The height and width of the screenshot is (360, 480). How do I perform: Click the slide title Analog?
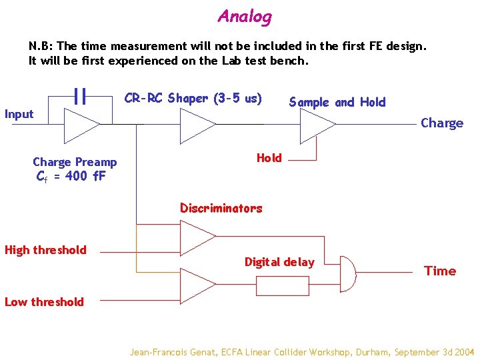pyautogui.click(x=245, y=17)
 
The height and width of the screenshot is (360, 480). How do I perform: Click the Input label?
pyautogui.click(x=19, y=114)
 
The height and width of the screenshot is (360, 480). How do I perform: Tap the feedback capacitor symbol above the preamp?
pyautogui.click(x=81, y=97)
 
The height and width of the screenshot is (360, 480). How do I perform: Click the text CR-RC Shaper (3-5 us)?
pyautogui.click(x=193, y=99)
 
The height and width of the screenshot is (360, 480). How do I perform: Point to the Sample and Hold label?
pyautogui.click(x=337, y=102)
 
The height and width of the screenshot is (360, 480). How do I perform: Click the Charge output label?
pyautogui.click(x=441, y=123)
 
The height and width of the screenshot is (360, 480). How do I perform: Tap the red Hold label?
pyautogui.click(x=269, y=158)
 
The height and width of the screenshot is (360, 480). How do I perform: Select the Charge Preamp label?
pyautogui.click(x=75, y=162)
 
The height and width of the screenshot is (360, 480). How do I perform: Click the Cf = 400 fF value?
pyautogui.click(x=71, y=177)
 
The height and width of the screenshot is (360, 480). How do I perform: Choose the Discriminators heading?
pyautogui.click(x=221, y=208)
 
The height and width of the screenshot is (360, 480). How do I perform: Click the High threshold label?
pyautogui.click(x=45, y=250)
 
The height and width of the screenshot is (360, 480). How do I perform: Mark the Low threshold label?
pyautogui.click(x=44, y=302)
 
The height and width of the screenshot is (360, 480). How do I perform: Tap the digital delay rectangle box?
pyautogui.click(x=283, y=285)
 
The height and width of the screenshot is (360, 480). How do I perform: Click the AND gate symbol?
pyautogui.click(x=347, y=273)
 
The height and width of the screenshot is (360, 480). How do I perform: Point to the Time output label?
pyautogui.click(x=440, y=271)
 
